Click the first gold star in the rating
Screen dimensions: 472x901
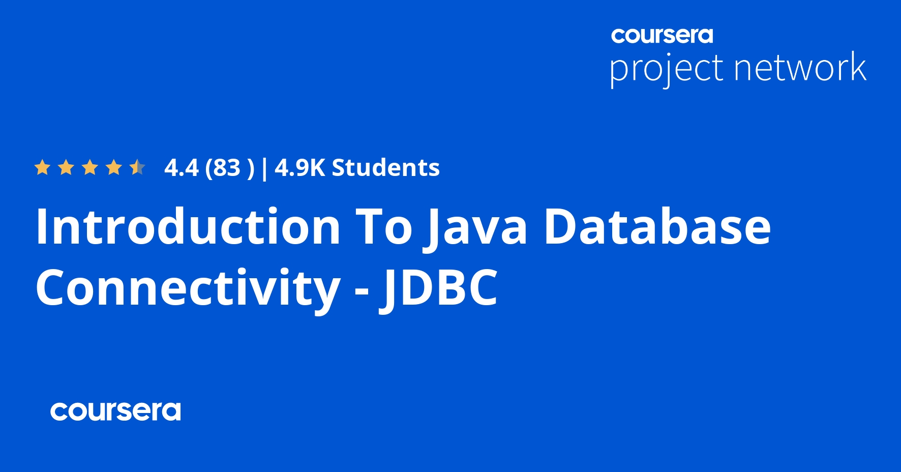[x=42, y=167]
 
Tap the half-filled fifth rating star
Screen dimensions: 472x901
[x=137, y=167]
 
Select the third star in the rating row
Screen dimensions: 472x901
[x=90, y=167]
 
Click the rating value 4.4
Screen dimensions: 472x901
[x=182, y=168]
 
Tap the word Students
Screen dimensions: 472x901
[x=385, y=168]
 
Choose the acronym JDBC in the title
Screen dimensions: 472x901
[x=439, y=288]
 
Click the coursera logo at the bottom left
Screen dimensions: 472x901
[x=115, y=411]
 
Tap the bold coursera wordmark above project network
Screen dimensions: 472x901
[x=662, y=36]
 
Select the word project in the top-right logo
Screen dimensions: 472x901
[x=666, y=69]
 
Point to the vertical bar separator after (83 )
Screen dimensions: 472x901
[x=264, y=168]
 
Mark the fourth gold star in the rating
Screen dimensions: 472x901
[x=114, y=167]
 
